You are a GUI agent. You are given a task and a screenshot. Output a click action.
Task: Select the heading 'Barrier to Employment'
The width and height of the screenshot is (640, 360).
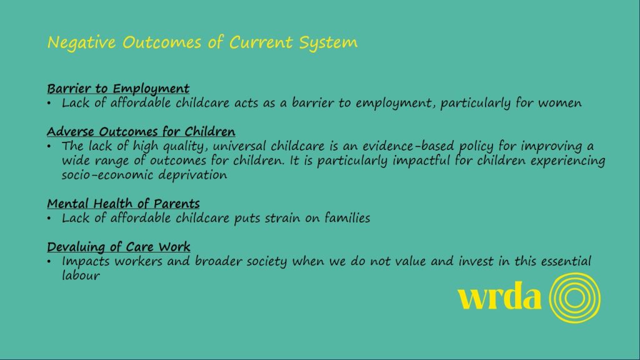click(118, 89)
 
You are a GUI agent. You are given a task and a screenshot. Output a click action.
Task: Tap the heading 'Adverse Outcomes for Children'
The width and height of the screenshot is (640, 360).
click(141, 131)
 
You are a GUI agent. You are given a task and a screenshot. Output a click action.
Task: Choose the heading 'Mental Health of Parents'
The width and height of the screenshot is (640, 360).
click(123, 203)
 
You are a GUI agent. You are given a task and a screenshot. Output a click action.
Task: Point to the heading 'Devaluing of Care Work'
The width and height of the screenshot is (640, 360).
click(118, 246)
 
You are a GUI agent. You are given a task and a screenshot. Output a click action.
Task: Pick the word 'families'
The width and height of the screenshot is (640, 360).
click(347, 218)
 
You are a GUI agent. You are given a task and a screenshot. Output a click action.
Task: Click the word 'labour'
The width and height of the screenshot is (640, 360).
click(81, 276)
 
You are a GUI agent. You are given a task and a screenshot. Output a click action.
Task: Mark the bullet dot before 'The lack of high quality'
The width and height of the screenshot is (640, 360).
click(49, 146)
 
